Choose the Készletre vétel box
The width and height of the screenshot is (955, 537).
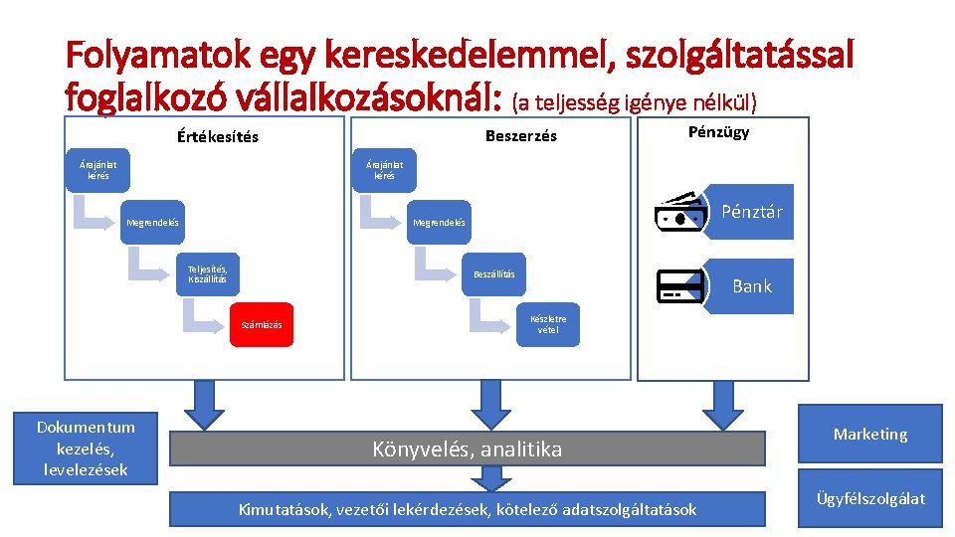point(546,324)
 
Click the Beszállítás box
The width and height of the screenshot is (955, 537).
point(493,273)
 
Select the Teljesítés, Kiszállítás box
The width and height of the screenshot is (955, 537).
point(208,273)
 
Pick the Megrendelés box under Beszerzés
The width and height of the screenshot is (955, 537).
point(439,222)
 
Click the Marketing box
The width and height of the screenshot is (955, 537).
point(870,434)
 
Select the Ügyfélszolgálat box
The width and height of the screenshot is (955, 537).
point(870,498)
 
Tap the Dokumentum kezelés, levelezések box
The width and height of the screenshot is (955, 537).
point(87,448)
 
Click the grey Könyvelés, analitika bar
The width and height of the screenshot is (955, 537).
point(468,449)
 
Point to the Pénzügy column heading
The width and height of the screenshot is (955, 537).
point(718,132)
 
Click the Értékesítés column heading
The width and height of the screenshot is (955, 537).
point(204,136)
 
